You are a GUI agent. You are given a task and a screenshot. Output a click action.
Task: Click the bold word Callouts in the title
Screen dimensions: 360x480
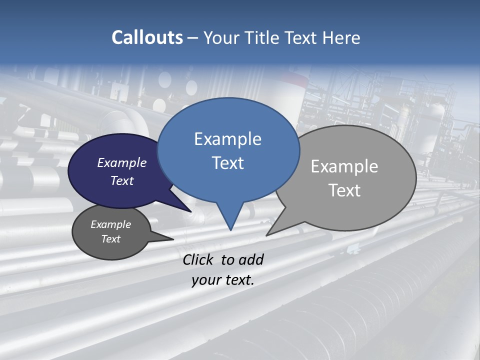[x=147, y=37]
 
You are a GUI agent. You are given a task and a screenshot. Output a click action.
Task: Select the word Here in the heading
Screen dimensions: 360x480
[x=342, y=37]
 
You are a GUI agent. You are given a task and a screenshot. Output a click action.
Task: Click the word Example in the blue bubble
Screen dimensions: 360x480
[x=227, y=139]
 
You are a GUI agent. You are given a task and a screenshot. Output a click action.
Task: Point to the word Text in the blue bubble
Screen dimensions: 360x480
[x=227, y=163]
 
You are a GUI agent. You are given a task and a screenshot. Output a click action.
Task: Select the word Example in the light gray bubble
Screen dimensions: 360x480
[x=344, y=166]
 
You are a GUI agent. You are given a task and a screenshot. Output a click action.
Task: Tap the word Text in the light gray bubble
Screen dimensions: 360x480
[x=344, y=190]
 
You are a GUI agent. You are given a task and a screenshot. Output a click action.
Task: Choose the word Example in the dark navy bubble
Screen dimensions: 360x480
[x=122, y=162]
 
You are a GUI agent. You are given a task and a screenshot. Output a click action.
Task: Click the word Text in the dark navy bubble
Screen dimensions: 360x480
[x=122, y=180]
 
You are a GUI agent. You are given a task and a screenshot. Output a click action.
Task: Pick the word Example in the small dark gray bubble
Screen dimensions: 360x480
[x=110, y=224]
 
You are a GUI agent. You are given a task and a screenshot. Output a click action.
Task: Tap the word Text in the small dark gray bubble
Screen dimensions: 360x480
[x=110, y=239]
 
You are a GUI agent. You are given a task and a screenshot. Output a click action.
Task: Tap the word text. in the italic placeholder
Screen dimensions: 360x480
[x=238, y=280]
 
